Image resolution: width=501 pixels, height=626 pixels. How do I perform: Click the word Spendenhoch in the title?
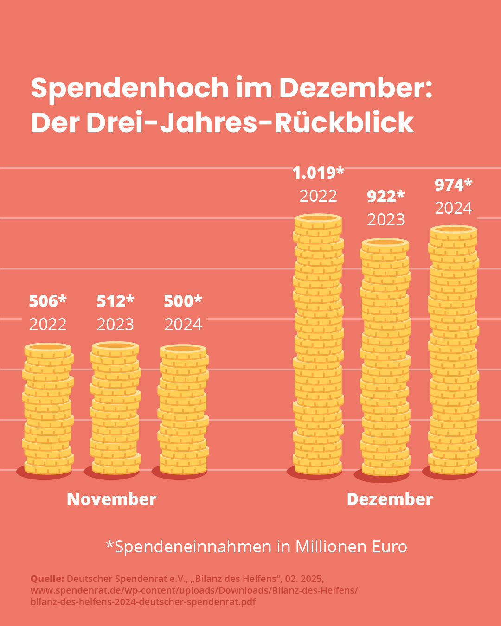click(130, 88)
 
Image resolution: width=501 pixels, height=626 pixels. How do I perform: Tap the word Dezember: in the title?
click(356, 88)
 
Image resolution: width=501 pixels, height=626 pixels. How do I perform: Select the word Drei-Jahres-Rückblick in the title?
click(250, 123)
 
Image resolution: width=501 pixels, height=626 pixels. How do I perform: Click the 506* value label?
click(48, 301)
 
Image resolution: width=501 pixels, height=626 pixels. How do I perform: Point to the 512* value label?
click(116, 301)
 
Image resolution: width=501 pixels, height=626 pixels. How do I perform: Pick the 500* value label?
click(183, 301)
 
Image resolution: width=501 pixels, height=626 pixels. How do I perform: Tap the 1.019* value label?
click(318, 173)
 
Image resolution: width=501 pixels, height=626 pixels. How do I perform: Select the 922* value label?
click(386, 197)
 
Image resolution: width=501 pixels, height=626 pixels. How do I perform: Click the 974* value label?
click(454, 185)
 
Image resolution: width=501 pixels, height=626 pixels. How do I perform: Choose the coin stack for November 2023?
click(116, 408)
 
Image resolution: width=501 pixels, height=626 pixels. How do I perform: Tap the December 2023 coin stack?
click(385, 357)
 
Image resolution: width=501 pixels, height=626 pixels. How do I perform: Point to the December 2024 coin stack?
click(454, 350)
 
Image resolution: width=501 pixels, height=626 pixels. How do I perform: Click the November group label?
click(112, 499)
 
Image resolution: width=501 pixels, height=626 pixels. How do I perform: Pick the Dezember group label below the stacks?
click(390, 499)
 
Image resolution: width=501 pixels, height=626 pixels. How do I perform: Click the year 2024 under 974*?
click(454, 208)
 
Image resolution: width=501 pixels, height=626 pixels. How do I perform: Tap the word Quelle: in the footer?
click(47, 579)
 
